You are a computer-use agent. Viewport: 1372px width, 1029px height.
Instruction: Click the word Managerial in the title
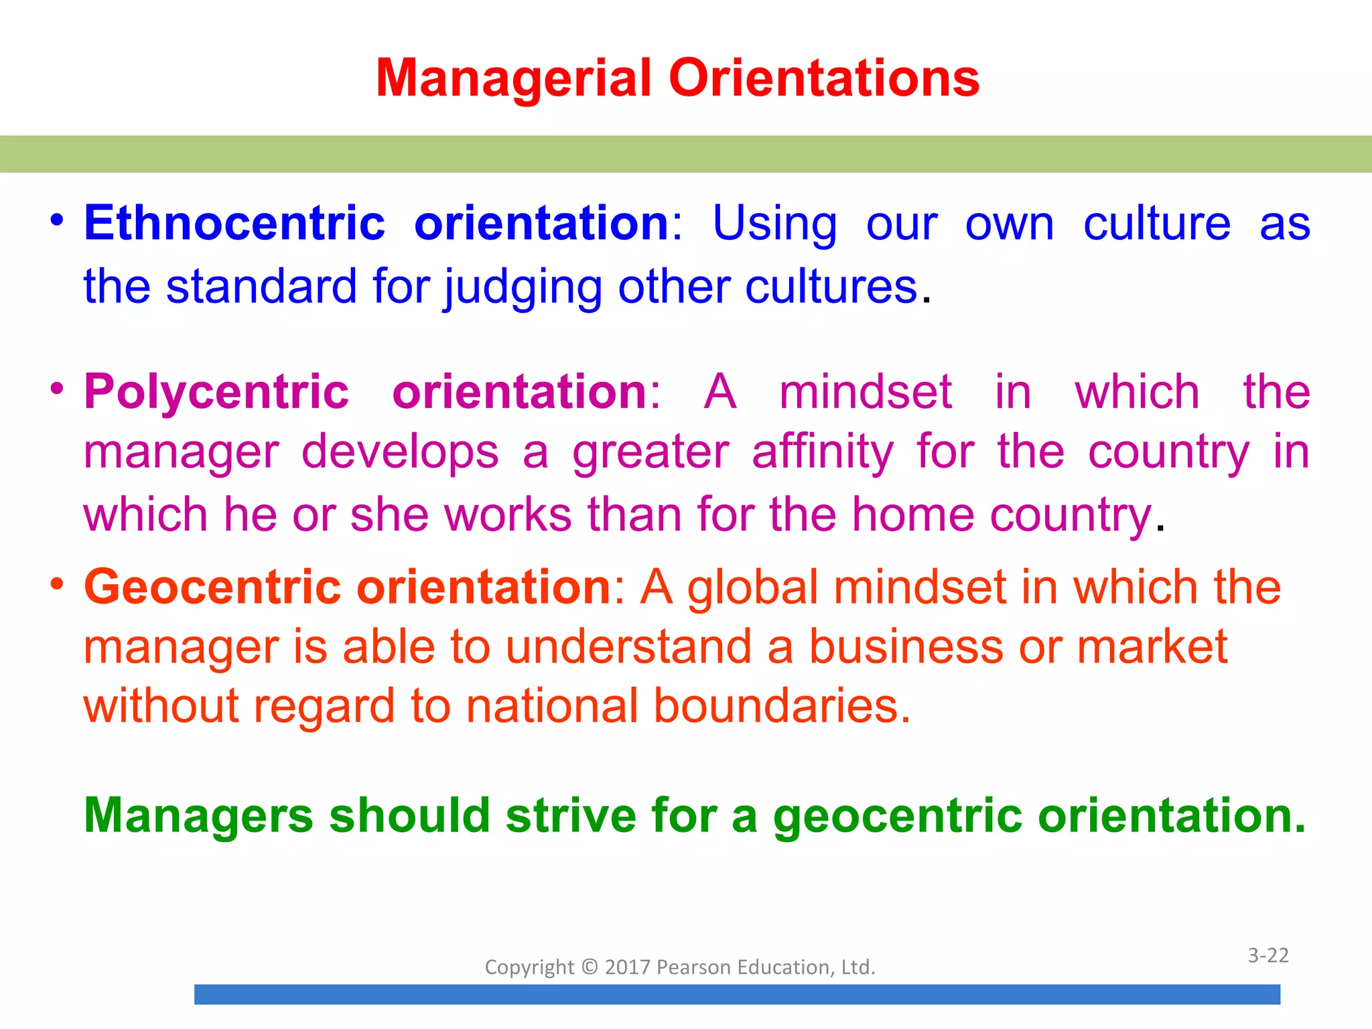513,78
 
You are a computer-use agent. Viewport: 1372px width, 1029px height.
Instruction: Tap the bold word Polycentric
216,391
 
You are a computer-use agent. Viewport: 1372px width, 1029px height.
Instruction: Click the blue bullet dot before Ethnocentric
57,220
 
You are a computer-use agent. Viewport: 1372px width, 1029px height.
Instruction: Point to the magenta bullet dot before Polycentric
57,389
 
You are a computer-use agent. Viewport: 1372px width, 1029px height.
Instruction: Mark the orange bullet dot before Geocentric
57,584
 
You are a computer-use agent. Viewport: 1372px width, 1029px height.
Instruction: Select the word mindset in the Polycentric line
866,391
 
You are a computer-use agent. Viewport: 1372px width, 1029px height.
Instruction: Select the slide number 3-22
1268,955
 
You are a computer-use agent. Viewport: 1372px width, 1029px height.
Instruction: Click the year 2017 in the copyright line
628,967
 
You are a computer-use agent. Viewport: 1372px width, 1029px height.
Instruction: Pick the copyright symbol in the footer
590,967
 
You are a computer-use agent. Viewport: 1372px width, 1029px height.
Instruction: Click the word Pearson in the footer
693,967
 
